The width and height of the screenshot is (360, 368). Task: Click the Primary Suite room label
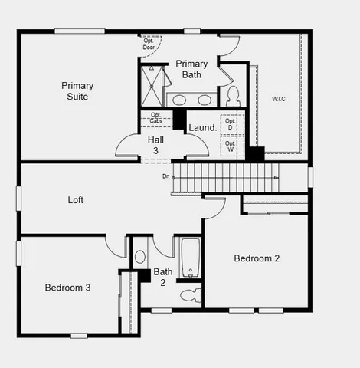tap(77, 91)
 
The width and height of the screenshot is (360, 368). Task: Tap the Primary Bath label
tap(191, 69)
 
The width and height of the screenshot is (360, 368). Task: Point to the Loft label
tap(76, 200)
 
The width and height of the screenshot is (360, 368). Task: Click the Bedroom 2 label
tap(257, 258)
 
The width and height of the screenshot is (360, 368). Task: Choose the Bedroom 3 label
tap(67, 287)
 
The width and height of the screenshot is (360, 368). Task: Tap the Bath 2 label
tap(162, 277)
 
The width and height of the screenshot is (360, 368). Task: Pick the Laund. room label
tap(201, 128)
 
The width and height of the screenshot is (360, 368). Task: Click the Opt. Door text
tap(149, 43)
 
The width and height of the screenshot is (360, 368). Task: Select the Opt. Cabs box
tap(155, 119)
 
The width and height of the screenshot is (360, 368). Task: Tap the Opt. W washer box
tap(229, 144)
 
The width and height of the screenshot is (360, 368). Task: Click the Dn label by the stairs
tap(165, 176)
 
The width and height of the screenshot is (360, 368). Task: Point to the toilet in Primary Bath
tap(233, 96)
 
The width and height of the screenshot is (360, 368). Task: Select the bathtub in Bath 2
tap(190, 257)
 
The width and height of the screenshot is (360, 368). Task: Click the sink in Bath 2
tap(140, 257)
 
